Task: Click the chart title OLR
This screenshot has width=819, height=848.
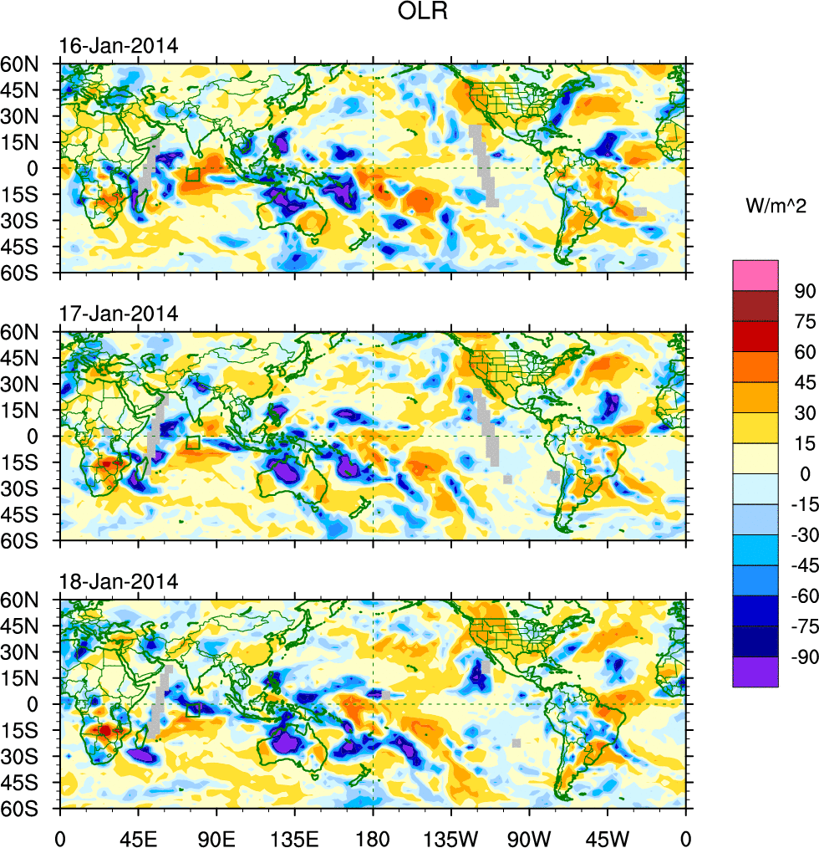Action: point(424,14)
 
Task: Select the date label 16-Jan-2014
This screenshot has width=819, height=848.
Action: point(118,46)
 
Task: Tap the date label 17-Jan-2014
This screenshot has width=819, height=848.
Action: point(118,314)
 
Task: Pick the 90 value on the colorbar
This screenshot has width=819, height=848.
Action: point(805,290)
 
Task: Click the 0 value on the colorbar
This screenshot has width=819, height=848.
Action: point(805,474)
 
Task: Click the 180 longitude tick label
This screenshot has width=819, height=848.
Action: point(373,836)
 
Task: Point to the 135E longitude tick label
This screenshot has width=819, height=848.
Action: point(294,836)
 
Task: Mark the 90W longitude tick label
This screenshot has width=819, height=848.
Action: point(529,836)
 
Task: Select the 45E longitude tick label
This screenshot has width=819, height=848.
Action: point(138,836)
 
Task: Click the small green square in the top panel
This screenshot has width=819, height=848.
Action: point(192,174)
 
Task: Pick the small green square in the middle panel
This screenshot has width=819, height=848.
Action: point(192,442)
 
